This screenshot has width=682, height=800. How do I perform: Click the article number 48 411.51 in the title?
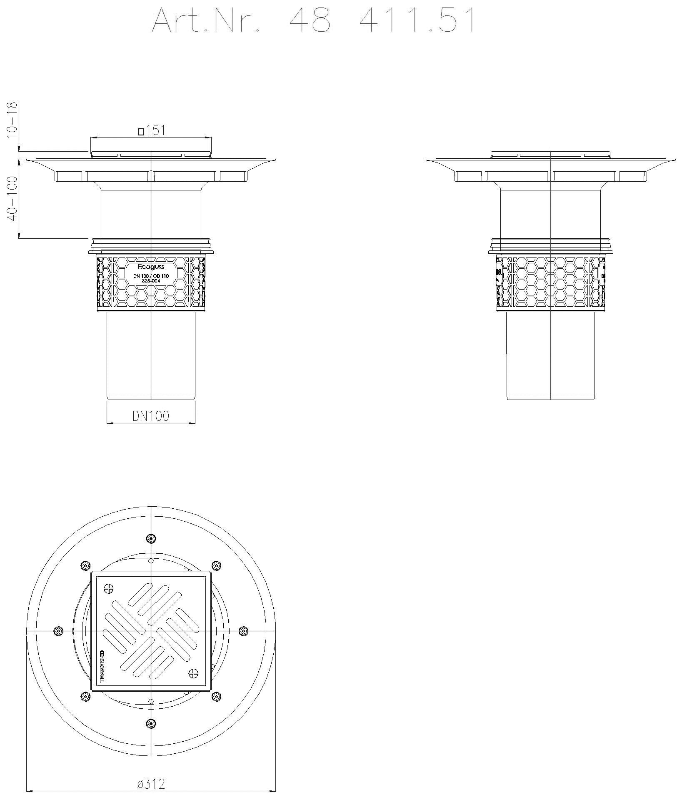(382, 21)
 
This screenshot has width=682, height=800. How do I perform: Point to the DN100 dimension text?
(151, 416)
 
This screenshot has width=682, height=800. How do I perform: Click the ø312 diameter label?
(151, 784)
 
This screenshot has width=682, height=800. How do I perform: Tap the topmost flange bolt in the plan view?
(150, 539)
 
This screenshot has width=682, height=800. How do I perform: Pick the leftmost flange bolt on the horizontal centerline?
(58, 631)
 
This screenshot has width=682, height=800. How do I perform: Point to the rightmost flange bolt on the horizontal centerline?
(243, 631)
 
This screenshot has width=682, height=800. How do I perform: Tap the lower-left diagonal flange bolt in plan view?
(85, 696)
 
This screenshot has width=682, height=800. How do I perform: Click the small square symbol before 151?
(141, 132)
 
